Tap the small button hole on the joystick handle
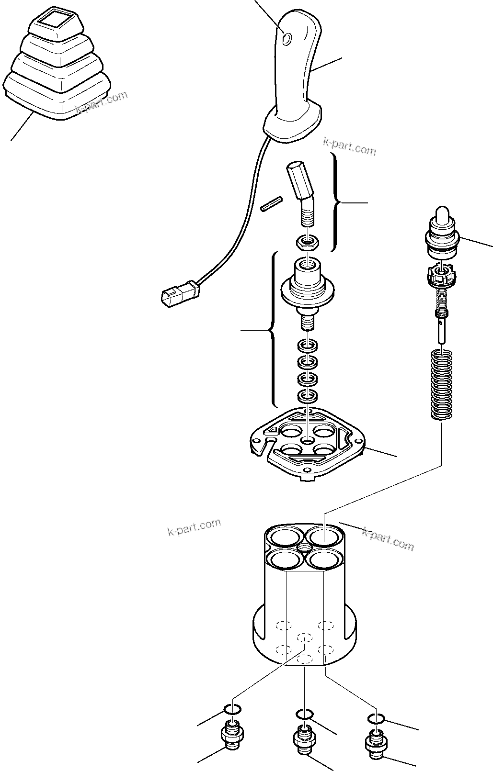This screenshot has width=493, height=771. click(x=287, y=38)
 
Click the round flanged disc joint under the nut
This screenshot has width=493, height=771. click(x=307, y=287)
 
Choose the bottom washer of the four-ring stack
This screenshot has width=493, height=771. click(x=307, y=395)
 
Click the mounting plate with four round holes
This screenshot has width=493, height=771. click(x=307, y=445)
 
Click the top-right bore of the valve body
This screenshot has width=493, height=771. click(x=325, y=536)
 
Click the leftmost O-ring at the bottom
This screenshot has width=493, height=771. click(x=232, y=709)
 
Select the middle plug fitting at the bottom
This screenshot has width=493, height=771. click(x=304, y=747)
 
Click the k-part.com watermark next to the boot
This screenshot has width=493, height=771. click(x=102, y=102)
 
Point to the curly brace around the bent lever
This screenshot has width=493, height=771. click(x=337, y=203)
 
